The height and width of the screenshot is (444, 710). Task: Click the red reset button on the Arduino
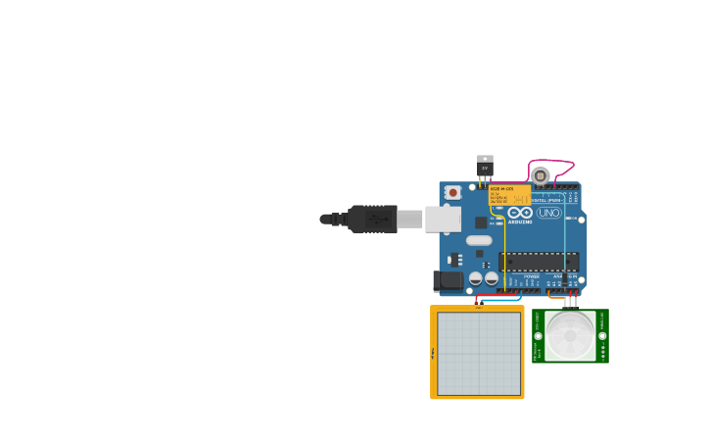pyautogui.click(x=452, y=193)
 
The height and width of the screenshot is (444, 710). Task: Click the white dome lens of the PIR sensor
pyautogui.click(x=570, y=335)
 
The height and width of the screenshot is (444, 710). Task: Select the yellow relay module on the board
pyautogui.click(x=508, y=194)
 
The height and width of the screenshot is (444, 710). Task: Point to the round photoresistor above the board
pyautogui.click(x=541, y=175)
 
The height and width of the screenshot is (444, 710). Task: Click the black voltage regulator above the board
pyautogui.click(x=485, y=168)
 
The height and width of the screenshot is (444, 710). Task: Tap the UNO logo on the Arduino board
pyautogui.click(x=548, y=213)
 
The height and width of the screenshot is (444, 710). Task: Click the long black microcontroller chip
pyautogui.click(x=539, y=262)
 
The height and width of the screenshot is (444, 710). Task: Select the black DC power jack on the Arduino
pyautogui.click(x=448, y=281)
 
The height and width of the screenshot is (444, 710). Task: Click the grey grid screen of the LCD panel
pyautogui.click(x=479, y=354)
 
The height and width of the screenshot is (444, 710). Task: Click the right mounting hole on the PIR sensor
pyautogui.click(x=602, y=335)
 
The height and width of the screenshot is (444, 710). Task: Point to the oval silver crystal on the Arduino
pyautogui.click(x=479, y=240)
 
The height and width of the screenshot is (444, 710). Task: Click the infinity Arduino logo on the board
pyautogui.click(x=520, y=213)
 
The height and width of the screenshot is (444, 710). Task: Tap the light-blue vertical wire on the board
pyautogui.click(x=565, y=245)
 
